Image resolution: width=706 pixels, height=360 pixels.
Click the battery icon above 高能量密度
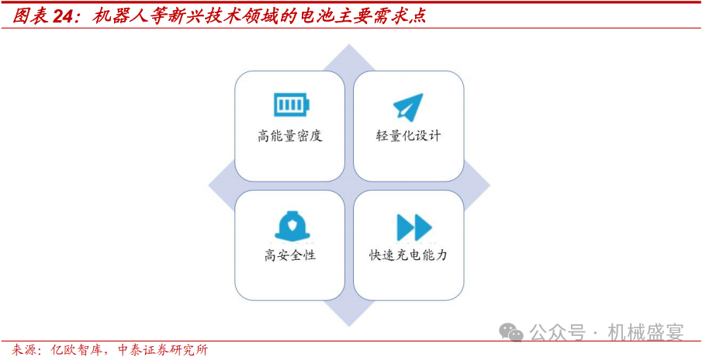pyautogui.click(x=292, y=105)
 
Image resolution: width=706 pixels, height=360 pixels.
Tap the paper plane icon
pyautogui.click(x=408, y=106)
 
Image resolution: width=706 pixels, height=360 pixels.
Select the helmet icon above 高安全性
pyautogui.click(x=290, y=226)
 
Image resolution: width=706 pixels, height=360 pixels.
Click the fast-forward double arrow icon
pyautogui.click(x=414, y=227)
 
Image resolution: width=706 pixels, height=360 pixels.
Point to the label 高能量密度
pyautogui.click(x=290, y=136)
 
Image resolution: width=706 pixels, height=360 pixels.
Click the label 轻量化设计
pyautogui.click(x=408, y=136)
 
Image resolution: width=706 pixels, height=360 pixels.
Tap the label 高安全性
pyautogui.click(x=290, y=255)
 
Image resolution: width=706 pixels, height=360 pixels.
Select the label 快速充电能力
pyautogui.click(x=408, y=255)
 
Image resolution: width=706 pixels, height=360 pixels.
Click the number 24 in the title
pyautogui.click(x=64, y=16)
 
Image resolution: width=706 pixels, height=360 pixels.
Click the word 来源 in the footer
pyautogui.click(x=22, y=351)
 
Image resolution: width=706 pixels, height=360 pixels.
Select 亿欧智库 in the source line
pyautogui.click(x=73, y=351)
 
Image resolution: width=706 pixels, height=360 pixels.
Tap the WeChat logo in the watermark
pyautogui.click(x=511, y=332)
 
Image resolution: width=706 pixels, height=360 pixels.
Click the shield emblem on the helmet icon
pyautogui.click(x=290, y=223)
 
